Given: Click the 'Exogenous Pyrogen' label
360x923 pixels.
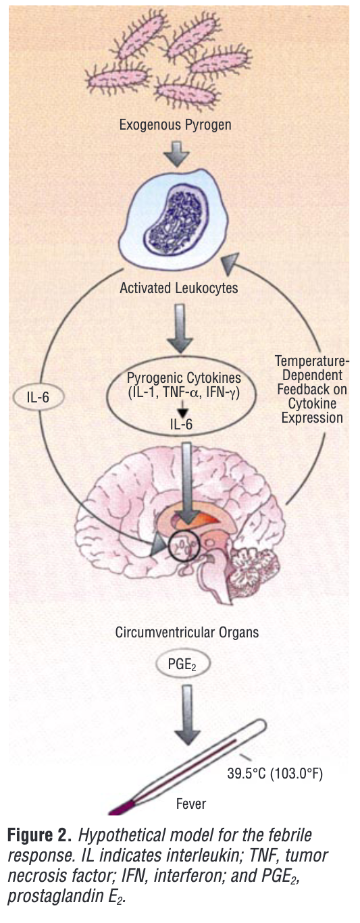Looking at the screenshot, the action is tap(175, 125).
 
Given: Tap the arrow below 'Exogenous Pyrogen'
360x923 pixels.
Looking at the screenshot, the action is tap(176, 154).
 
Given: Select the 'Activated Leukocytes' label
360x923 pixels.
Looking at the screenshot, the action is tap(178, 288).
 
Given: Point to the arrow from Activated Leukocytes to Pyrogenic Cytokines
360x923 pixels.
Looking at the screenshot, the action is tap(180, 328).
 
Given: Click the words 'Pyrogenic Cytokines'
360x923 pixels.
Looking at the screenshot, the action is tap(184, 378).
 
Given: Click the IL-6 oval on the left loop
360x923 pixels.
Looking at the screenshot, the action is tap(38, 398).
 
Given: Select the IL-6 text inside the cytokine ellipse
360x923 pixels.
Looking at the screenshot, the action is tap(181, 425).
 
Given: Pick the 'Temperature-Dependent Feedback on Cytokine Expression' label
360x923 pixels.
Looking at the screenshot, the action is tap(312, 390).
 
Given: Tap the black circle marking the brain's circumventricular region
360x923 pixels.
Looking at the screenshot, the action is tap(184, 545).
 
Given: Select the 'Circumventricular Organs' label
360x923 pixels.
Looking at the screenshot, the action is tap(187, 633).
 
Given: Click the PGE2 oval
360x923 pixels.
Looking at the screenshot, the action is tap(182, 664).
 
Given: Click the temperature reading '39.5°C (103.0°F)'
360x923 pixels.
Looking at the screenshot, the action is tap(275, 774).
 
